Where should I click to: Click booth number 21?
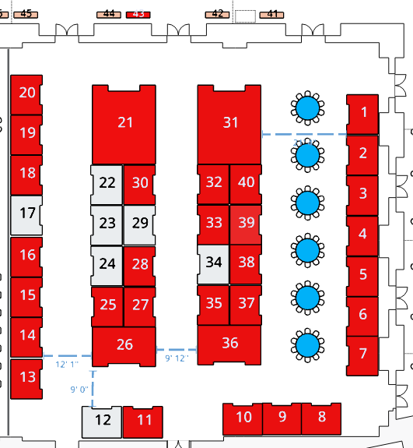(124, 125)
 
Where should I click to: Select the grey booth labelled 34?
(213, 264)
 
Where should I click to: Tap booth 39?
(246, 224)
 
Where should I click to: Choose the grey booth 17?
(26, 215)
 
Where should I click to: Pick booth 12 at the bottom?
(102, 422)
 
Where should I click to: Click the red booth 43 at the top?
(138, 15)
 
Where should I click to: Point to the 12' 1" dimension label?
(67, 365)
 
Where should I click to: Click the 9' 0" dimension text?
(79, 389)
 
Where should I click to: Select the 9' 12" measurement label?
(177, 358)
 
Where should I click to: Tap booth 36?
(229, 345)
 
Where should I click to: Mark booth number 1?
(362, 115)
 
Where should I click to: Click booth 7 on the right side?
(362, 356)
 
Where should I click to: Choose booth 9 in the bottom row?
(282, 419)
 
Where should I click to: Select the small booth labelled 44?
(109, 15)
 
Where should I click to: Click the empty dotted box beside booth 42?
(245, 16)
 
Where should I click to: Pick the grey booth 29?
(139, 225)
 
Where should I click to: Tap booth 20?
(26, 95)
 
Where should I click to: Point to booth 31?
(229, 125)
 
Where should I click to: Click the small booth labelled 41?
(271, 15)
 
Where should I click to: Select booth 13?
(26, 379)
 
